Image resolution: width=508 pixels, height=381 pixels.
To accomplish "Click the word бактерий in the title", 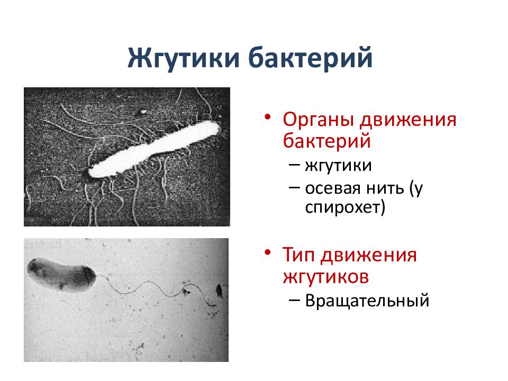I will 310,58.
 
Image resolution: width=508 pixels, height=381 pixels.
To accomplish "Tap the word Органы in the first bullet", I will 317,119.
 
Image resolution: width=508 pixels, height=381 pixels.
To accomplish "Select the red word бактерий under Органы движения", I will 326,141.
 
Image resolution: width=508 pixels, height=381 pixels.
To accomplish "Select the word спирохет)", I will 346,207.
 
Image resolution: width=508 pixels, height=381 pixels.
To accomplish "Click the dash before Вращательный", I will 295,301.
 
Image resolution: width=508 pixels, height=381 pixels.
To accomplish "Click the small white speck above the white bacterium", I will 143,112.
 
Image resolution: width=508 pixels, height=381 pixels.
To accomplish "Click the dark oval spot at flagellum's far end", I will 219,290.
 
